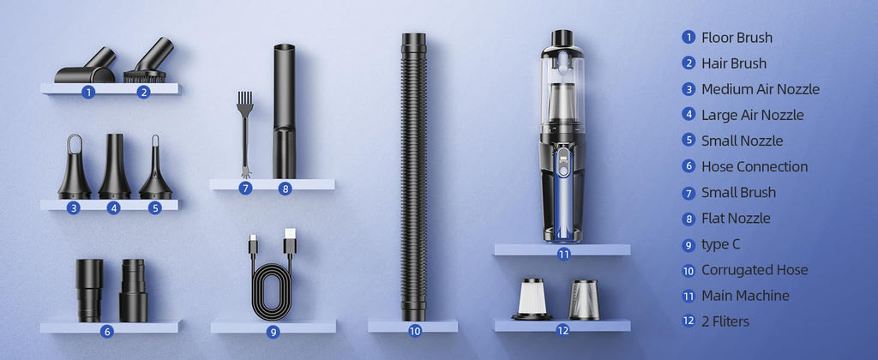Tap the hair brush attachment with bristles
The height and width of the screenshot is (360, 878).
pyautogui.click(x=147, y=64)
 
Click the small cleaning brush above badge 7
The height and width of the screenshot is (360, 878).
pyautogui.click(x=244, y=135)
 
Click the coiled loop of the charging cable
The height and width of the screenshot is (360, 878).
pyautogui.click(x=272, y=291)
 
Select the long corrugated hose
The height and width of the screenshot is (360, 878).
pyautogui.click(x=414, y=177)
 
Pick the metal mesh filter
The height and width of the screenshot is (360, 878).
pyautogui.click(x=584, y=300)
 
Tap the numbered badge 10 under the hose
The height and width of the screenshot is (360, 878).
pyautogui.click(x=415, y=331)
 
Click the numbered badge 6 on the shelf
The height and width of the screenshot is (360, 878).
pyautogui.click(x=107, y=332)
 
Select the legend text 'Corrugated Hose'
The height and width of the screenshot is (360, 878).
pyautogui.click(x=755, y=270)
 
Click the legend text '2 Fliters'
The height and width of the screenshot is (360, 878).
pyautogui.click(x=725, y=321)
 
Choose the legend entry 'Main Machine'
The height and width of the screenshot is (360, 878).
pyautogui.click(x=745, y=296)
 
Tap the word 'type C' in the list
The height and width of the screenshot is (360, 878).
pyautogui.click(x=720, y=244)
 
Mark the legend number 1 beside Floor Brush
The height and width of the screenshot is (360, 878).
pyautogui.click(x=689, y=38)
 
